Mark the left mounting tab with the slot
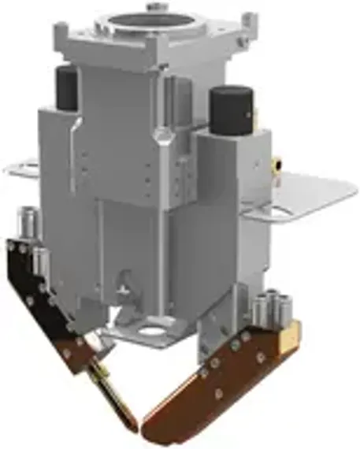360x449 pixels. point(20,167)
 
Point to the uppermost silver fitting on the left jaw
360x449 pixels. point(28,217)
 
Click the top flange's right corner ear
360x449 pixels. point(248,19)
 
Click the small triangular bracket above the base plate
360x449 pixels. point(122,284)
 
